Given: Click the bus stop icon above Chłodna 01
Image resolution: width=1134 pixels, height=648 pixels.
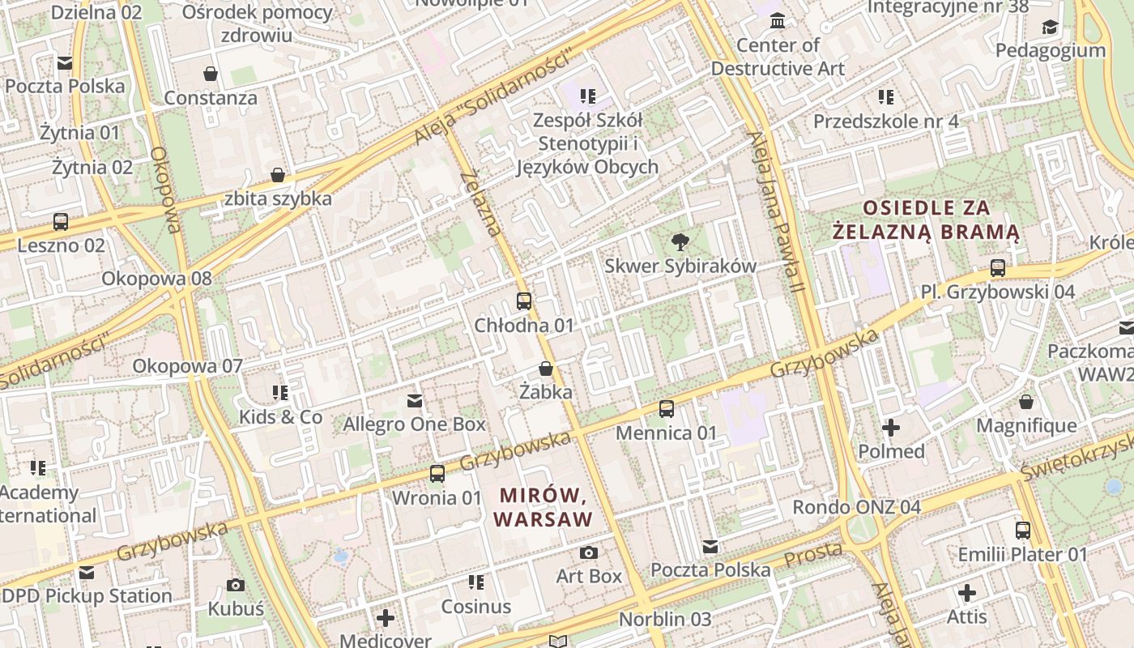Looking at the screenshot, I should (524, 301).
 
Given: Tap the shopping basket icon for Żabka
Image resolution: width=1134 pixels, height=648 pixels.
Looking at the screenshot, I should (546, 369).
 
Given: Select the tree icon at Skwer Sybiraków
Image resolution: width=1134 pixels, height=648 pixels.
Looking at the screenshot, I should (680, 241).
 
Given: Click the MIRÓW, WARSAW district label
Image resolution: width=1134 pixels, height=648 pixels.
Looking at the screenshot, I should (543, 506).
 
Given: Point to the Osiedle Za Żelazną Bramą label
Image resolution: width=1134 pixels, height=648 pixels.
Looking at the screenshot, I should (926, 220).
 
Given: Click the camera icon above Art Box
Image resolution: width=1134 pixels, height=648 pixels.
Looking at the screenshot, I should (589, 552).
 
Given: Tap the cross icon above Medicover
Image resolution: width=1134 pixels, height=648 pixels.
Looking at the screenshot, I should (386, 618).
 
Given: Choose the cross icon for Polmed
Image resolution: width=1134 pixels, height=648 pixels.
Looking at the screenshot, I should (891, 427).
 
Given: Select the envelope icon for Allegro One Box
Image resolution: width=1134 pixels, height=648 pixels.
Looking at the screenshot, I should (415, 400).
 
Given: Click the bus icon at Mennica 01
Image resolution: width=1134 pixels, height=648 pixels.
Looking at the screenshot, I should (667, 409).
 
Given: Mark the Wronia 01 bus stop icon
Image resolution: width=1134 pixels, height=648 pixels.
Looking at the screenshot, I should (437, 474).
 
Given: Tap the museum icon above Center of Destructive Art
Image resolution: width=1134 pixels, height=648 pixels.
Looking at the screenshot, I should (778, 20).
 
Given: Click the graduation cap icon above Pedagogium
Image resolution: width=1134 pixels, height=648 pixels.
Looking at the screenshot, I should (1050, 27).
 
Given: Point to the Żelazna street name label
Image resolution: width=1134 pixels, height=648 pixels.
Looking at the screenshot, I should (481, 203).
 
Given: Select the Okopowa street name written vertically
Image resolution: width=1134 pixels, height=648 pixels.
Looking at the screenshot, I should (165, 190).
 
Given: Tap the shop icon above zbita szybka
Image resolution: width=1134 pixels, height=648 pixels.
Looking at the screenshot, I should (278, 175).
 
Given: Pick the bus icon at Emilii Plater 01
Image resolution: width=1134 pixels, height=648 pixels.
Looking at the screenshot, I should (1023, 531).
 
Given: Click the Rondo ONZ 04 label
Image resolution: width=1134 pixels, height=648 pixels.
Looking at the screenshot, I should (856, 507).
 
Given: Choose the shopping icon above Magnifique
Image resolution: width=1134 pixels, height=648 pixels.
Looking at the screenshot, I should (1026, 402).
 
